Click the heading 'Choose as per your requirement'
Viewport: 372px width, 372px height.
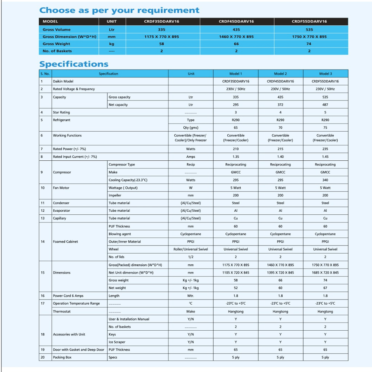click(x=119, y=10)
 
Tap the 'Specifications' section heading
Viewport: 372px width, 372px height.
click(x=74, y=64)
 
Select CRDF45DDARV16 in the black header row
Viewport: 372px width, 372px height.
click(x=236, y=22)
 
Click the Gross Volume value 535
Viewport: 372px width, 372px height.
click(x=309, y=29)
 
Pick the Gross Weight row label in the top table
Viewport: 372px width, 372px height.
click(x=56, y=44)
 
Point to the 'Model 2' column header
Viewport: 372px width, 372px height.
click(x=280, y=74)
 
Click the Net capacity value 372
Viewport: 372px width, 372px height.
click(x=280, y=105)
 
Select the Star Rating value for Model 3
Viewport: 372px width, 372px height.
click(x=325, y=112)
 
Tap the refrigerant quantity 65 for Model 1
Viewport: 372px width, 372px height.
click(x=235, y=128)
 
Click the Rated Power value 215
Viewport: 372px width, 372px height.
click(x=280, y=149)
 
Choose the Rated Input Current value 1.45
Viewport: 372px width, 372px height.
click(x=325, y=157)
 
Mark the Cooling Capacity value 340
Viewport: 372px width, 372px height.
click(x=325, y=180)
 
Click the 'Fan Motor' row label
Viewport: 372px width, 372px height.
click(x=60, y=188)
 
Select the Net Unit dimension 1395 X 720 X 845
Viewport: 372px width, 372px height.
click(x=280, y=273)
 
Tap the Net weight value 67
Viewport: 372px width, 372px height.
click(x=325, y=288)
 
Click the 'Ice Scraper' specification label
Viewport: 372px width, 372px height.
click(x=117, y=342)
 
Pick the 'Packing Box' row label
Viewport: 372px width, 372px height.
click(x=62, y=357)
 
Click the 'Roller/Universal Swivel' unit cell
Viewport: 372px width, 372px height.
click(x=190, y=249)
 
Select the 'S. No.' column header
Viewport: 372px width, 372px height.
click(x=45, y=74)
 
